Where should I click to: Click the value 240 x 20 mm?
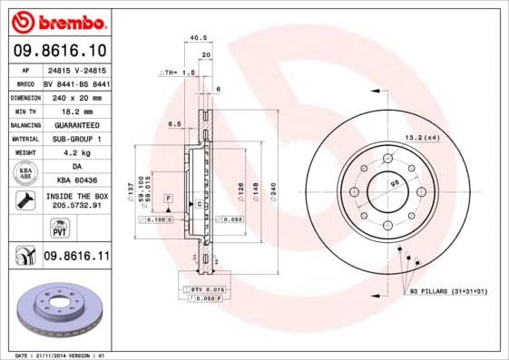75,96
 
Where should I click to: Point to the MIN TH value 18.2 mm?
75,110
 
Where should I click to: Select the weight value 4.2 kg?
75,152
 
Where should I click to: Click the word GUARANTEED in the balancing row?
75,124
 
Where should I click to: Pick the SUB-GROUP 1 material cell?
75,139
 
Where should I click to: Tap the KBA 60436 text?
75,180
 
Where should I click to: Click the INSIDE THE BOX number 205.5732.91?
75,208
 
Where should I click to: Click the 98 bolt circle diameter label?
394,184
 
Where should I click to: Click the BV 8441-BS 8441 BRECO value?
75,82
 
